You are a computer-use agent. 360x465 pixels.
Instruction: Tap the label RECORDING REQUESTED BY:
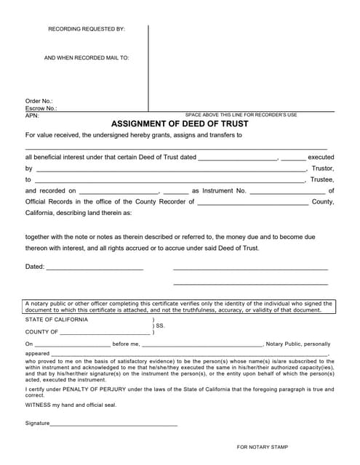pyautogui.click(x=87, y=29)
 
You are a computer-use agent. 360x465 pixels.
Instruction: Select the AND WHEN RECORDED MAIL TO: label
pyautogui.click(x=87, y=57)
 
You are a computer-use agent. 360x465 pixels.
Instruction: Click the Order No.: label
pyautogui.click(x=39, y=101)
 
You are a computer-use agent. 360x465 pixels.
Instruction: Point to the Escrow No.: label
pyautogui.click(x=41, y=108)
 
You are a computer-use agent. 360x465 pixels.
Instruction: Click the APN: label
pyautogui.click(x=32, y=115)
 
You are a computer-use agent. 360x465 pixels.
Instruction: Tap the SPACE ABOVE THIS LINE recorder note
pyautogui.click(x=241, y=115)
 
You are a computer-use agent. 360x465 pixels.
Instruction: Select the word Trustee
pyautogui.click(x=321, y=179)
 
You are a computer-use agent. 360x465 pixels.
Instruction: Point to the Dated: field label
pyautogui.click(x=35, y=267)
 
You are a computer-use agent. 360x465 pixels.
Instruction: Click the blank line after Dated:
pyautogui.click(x=95, y=267)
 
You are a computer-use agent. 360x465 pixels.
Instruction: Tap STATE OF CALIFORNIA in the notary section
pyautogui.click(x=57, y=320)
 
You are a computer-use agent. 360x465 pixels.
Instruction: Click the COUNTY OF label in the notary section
pyautogui.click(x=41, y=332)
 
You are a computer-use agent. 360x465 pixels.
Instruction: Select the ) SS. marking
pyautogui.click(x=159, y=326)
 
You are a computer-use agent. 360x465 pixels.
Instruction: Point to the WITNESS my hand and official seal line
pyautogui.click(x=71, y=405)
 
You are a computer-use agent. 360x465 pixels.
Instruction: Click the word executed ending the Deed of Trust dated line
pyautogui.click(x=321, y=156)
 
